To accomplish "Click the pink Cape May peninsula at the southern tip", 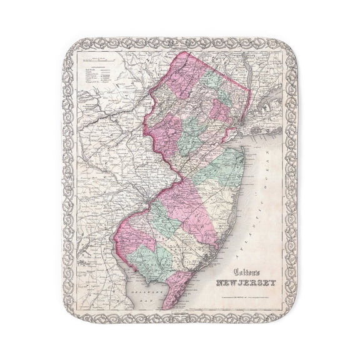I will coord(176,288).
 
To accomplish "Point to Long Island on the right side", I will coord(266,125).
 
